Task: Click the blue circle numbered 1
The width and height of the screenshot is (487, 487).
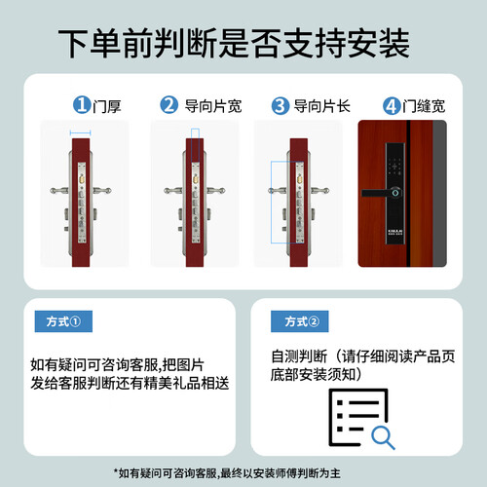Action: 82,105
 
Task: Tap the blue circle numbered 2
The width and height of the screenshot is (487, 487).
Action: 169,105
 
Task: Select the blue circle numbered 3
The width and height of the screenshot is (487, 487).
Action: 281,105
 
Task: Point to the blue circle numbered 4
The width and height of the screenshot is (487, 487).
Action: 392,106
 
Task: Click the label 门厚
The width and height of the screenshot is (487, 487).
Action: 107,106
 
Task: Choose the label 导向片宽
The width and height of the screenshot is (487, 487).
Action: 213,106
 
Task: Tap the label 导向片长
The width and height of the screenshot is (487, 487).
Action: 321,106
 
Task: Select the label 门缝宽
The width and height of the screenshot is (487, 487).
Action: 424,106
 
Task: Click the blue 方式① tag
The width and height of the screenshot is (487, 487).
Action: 63,321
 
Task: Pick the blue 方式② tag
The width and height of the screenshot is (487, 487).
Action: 300,321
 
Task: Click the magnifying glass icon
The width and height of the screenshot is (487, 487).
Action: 383,438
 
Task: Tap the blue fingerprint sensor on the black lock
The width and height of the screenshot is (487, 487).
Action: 395,193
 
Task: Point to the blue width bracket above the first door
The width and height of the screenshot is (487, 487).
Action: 80,132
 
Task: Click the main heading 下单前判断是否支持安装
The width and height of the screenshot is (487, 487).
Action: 234,44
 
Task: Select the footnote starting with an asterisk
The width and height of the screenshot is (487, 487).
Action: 227,473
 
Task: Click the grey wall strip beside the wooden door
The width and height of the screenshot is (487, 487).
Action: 439,194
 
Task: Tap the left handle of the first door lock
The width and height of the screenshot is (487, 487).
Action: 59,191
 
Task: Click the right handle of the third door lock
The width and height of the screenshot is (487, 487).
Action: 320,191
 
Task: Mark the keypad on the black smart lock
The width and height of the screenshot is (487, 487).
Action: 394,167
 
